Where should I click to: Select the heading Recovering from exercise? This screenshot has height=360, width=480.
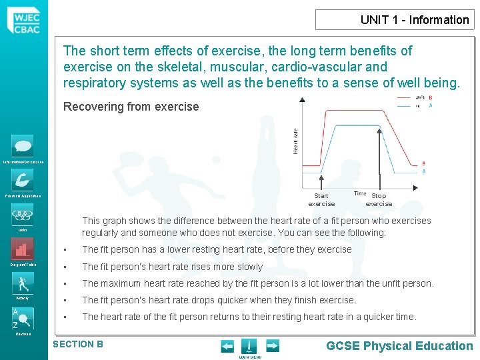coord(131,107)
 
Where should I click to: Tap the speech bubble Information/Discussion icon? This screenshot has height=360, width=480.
coord(23,146)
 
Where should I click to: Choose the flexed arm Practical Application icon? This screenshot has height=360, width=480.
coord(23,180)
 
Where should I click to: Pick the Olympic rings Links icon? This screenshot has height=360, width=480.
coord(23,215)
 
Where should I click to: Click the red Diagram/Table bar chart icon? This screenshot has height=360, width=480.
coord(23,249)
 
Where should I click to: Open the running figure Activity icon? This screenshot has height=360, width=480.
coord(23,283)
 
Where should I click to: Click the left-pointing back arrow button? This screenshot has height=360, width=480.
coord(227,346)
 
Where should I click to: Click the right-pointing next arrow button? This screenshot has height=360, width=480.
coord(273,346)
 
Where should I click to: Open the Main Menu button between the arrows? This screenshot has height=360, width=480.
coord(248,347)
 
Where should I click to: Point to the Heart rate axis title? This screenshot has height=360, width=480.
coord(296,141)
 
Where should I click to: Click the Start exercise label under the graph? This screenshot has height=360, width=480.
coord(321,200)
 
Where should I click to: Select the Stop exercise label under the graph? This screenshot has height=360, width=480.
coord(379,200)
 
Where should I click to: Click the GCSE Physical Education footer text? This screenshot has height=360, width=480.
coord(399,345)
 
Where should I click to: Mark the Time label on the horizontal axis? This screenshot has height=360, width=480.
coord(359,193)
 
